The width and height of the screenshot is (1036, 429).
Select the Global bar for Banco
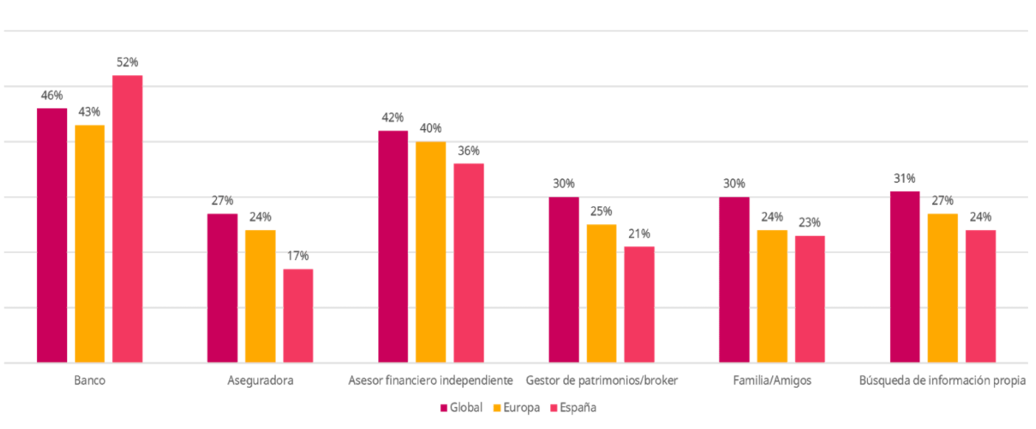pos(52,236)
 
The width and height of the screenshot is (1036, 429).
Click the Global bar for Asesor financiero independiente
pos(393,247)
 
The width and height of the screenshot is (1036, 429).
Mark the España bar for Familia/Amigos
pos(810,299)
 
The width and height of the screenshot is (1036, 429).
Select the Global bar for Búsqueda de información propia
pos(905,277)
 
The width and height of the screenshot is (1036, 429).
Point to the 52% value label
pos(128,62)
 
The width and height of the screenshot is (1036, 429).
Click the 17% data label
pos(298,256)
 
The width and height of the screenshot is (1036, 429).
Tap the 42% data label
pos(393,117)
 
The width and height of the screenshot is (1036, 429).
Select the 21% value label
pos(639,234)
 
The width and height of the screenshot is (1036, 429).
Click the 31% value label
pos(905,178)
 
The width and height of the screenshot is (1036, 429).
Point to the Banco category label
pos(89,381)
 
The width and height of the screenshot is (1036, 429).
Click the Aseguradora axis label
pos(260,381)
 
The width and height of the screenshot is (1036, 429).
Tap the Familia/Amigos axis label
pos(772,381)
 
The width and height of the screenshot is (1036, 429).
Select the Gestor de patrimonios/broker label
pos(602,381)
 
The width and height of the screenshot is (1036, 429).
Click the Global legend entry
pos(462,408)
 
